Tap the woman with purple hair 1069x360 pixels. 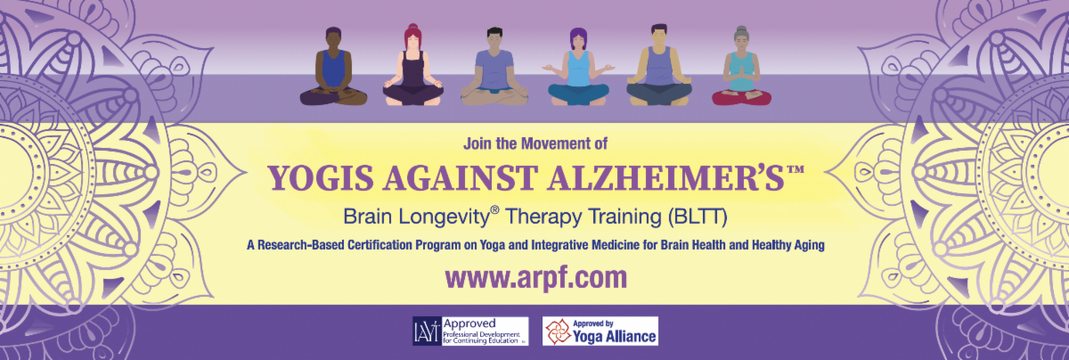[x=578, y=67]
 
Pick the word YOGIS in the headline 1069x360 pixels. [x=320, y=178]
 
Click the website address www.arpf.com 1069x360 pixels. [x=536, y=278]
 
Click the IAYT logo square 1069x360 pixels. [x=427, y=331]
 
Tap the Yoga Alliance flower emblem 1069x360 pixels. [x=558, y=331]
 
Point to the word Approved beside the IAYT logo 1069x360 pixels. [x=469, y=323]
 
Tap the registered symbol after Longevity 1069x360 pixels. [x=495, y=210]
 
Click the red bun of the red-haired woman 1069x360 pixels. [x=412, y=27]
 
